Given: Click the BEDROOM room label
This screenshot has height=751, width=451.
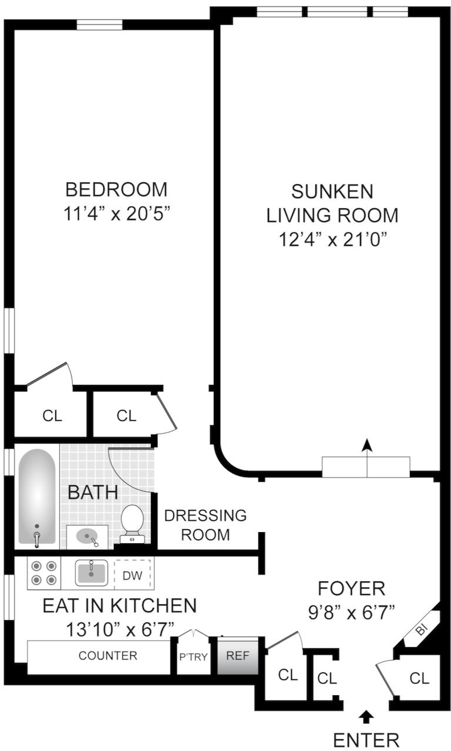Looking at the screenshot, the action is tap(116, 190).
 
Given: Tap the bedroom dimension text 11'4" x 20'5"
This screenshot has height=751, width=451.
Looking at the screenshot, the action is tap(117, 214).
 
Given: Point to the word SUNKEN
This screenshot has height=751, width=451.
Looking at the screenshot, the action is tap(332, 192).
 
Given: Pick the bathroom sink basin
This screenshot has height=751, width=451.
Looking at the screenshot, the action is tap(87, 536).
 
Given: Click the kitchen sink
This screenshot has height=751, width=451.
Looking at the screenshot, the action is tap(91, 573).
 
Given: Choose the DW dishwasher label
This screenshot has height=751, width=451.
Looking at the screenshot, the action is tap(133, 576).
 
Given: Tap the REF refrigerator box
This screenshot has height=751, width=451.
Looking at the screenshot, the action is tap(238, 655).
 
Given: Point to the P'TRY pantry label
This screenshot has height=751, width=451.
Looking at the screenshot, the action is tap(193, 657).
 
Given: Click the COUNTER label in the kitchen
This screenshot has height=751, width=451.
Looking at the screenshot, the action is tap(107, 655).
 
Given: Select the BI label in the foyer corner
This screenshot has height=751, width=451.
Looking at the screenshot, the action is tap(421, 630).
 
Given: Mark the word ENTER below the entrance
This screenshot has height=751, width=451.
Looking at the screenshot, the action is tap(366, 740).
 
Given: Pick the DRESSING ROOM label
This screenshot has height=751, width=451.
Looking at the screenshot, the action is tap(206, 525).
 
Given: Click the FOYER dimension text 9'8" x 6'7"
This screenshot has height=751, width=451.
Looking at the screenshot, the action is tap(351, 613).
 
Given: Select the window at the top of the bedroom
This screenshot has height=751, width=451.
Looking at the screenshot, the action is tap(99, 25).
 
